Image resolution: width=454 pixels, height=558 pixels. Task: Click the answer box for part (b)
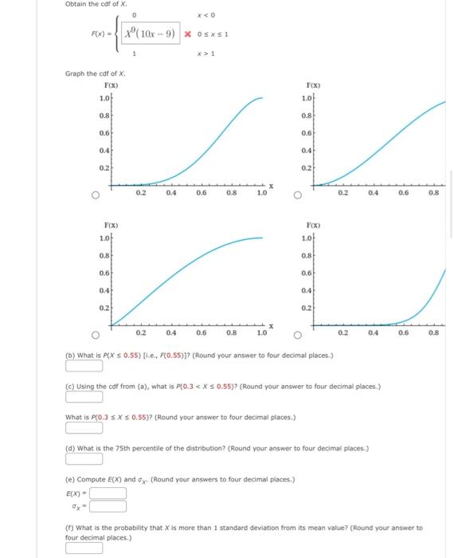84,367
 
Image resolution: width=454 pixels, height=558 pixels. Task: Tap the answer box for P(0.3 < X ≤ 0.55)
84,398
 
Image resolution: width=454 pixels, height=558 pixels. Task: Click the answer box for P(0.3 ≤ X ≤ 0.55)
84,428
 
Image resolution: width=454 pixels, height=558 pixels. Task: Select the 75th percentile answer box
84,458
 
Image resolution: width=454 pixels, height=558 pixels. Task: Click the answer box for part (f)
84,547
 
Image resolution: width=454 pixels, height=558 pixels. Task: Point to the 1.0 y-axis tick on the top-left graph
104,98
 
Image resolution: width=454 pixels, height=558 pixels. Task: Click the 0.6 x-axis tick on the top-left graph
201,193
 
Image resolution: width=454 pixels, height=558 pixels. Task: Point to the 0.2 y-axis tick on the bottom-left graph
104,308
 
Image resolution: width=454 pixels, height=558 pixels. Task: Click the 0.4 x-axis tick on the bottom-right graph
374,333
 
